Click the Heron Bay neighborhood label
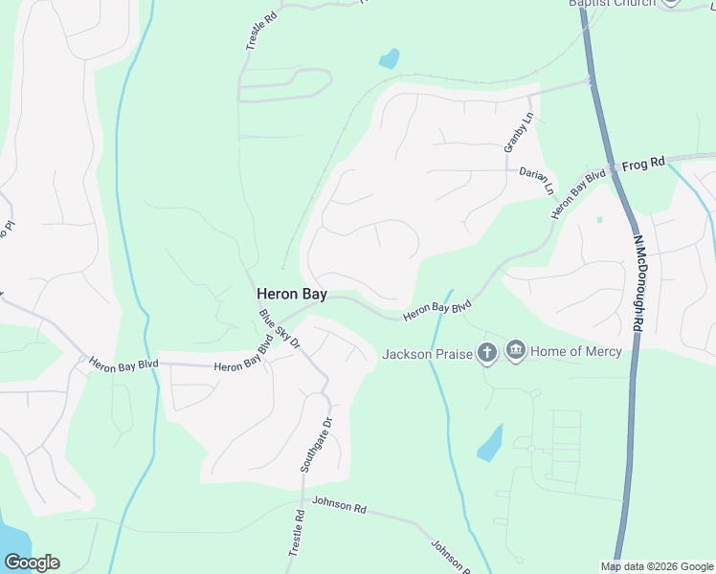(x=292, y=296)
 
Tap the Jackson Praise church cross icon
(x=487, y=354)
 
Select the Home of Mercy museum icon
(x=516, y=351)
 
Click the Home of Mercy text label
(x=576, y=352)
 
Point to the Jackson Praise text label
(x=428, y=354)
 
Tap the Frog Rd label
(x=643, y=164)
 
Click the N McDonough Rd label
(x=637, y=284)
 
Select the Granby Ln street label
(x=518, y=134)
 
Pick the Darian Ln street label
(x=537, y=179)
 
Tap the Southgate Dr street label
(x=315, y=445)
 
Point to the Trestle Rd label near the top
(x=254, y=32)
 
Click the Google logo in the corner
(x=32, y=563)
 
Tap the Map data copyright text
(x=657, y=566)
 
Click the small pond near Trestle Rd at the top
(x=389, y=59)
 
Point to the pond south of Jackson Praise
(x=490, y=443)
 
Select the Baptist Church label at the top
(x=613, y=3)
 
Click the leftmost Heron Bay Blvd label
(x=123, y=364)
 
